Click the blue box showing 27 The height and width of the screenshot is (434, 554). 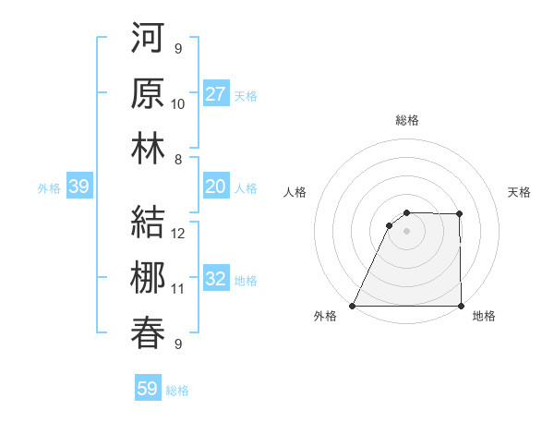[x=216, y=93]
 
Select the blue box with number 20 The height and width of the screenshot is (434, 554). [x=216, y=187]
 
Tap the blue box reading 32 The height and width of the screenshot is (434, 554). [x=216, y=279]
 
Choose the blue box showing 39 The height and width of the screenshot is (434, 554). [x=79, y=187]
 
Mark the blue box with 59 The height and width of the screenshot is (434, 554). [x=148, y=389]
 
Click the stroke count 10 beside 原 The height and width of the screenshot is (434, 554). [x=178, y=104]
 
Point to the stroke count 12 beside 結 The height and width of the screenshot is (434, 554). [x=178, y=233]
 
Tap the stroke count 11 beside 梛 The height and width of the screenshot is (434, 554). [x=178, y=289]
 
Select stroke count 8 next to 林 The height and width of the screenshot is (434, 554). [x=178, y=159]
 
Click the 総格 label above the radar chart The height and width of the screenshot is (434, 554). [x=407, y=120]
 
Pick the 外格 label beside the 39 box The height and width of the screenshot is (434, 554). [x=49, y=188]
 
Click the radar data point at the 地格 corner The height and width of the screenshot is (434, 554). [x=461, y=306]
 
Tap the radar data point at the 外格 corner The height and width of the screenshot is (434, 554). [x=353, y=306]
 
